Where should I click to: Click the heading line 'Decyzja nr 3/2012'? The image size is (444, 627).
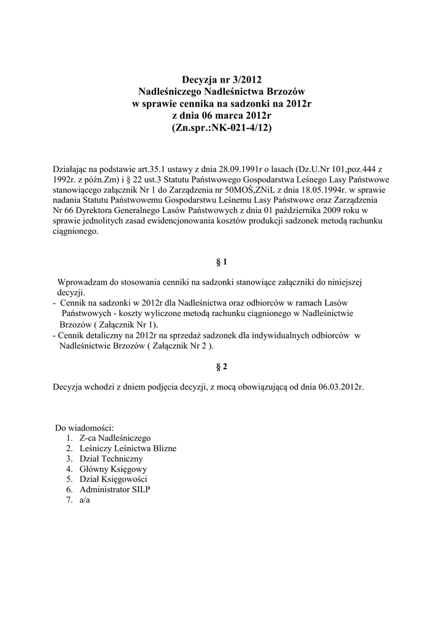click(x=222, y=79)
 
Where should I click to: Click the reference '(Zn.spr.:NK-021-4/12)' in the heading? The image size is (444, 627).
click(x=222, y=128)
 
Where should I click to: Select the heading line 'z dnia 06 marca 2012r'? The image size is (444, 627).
click(x=222, y=116)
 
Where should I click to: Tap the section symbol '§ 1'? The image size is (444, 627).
click(x=222, y=262)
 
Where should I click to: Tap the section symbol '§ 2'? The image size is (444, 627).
click(x=222, y=367)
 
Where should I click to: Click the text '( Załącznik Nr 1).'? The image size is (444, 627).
click(x=126, y=324)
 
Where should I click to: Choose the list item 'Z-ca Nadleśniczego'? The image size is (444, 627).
click(x=115, y=438)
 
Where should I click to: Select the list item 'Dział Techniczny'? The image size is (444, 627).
click(x=111, y=459)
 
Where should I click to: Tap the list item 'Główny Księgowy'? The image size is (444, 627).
click(x=113, y=469)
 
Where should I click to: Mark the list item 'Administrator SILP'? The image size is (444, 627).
click(x=115, y=490)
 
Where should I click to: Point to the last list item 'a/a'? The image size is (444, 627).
click(x=85, y=500)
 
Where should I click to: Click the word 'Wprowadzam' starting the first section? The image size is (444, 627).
click(x=83, y=282)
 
